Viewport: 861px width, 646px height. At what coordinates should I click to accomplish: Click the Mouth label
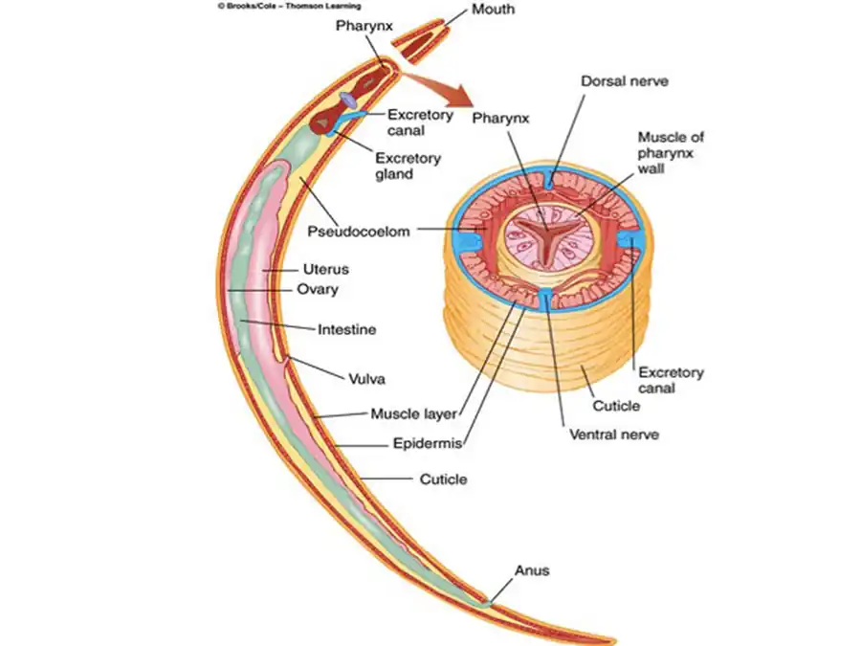[493, 10]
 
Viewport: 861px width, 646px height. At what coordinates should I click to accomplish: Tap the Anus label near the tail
[532, 570]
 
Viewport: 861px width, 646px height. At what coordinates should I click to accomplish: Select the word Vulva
[368, 379]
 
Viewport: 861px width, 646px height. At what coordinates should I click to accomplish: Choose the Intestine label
[346, 329]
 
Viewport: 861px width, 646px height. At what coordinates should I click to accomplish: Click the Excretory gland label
[408, 166]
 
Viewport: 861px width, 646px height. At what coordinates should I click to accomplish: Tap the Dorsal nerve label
[625, 81]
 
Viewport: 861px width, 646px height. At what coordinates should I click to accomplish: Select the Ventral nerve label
[614, 434]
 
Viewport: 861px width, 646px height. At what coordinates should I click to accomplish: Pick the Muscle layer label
[413, 414]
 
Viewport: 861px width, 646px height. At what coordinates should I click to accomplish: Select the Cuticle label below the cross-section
[616, 406]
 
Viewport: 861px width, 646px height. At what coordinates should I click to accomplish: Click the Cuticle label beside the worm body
[444, 479]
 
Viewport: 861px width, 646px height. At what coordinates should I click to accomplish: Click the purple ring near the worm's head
[351, 100]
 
